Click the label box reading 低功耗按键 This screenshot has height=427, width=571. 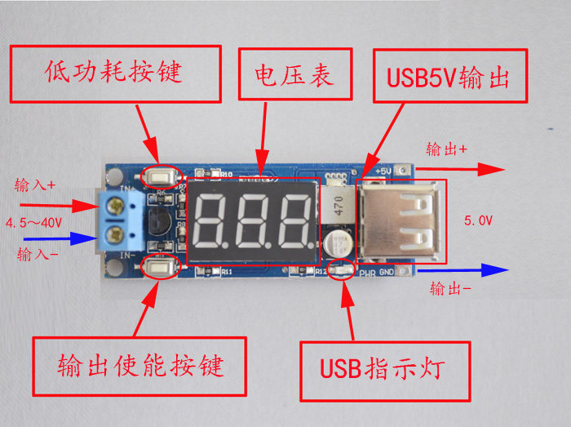pyautogui.click(x=115, y=73)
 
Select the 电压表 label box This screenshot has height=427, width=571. pyautogui.click(x=296, y=74)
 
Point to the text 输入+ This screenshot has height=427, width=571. pyautogui.click(x=35, y=185)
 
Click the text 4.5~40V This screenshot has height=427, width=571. pyautogui.click(x=35, y=222)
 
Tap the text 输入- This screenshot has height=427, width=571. pyautogui.click(x=35, y=255)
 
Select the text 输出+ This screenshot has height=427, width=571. pyautogui.click(x=447, y=150)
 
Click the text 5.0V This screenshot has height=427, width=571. pyautogui.click(x=478, y=220)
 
